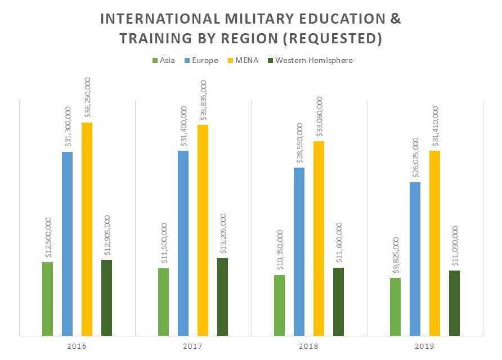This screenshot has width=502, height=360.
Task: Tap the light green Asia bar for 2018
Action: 279,305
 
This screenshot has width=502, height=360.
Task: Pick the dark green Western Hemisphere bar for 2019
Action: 454,303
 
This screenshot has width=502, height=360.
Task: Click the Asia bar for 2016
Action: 47,299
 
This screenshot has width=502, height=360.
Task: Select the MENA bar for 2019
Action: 434,243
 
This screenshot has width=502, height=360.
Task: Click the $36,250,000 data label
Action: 87,98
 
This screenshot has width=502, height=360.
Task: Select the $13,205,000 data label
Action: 223,233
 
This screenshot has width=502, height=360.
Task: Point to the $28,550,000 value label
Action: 299,143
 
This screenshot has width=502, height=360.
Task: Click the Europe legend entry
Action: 201,60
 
